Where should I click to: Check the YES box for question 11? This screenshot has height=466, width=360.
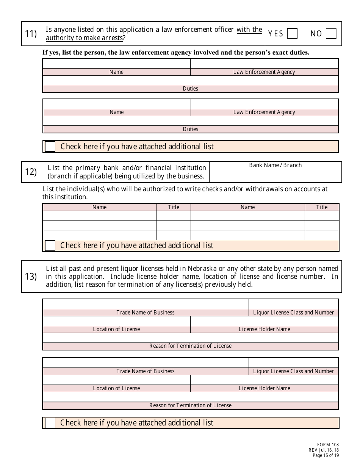click(292, 34)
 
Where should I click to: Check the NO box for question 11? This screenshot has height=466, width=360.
click(331, 34)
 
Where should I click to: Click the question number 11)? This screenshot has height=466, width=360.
click(31, 34)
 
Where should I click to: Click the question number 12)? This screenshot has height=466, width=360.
click(31, 172)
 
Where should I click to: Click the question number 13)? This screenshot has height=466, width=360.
click(31, 277)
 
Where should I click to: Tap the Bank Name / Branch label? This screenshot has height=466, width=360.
click(275, 165)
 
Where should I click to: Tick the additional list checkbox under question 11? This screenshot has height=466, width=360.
click(50, 147)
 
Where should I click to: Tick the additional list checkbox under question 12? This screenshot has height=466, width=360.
click(50, 246)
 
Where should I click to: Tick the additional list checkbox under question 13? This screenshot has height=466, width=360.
click(50, 423)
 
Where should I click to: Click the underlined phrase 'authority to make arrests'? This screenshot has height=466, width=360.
click(84, 38)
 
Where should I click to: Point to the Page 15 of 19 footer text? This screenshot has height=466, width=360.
click(326, 455)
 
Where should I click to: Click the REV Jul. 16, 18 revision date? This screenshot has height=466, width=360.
click(324, 450)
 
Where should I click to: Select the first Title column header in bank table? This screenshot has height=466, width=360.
click(174, 207)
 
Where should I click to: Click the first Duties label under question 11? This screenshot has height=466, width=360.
click(190, 89)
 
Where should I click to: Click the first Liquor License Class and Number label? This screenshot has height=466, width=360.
click(293, 313)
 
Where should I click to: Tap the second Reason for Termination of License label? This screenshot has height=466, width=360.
click(190, 405)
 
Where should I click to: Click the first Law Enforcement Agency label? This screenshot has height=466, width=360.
click(264, 72)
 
